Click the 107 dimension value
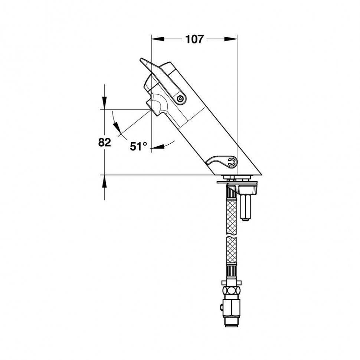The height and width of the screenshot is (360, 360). pyautogui.click(x=194, y=39)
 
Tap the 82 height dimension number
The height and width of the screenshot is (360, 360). pyautogui.click(x=104, y=143)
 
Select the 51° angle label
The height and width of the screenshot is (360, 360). pyautogui.click(x=138, y=146)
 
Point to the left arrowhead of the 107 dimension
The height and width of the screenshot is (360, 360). pyautogui.click(x=158, y=39)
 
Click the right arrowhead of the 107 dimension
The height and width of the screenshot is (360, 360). pyautogui.click(x=230, y=39)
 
